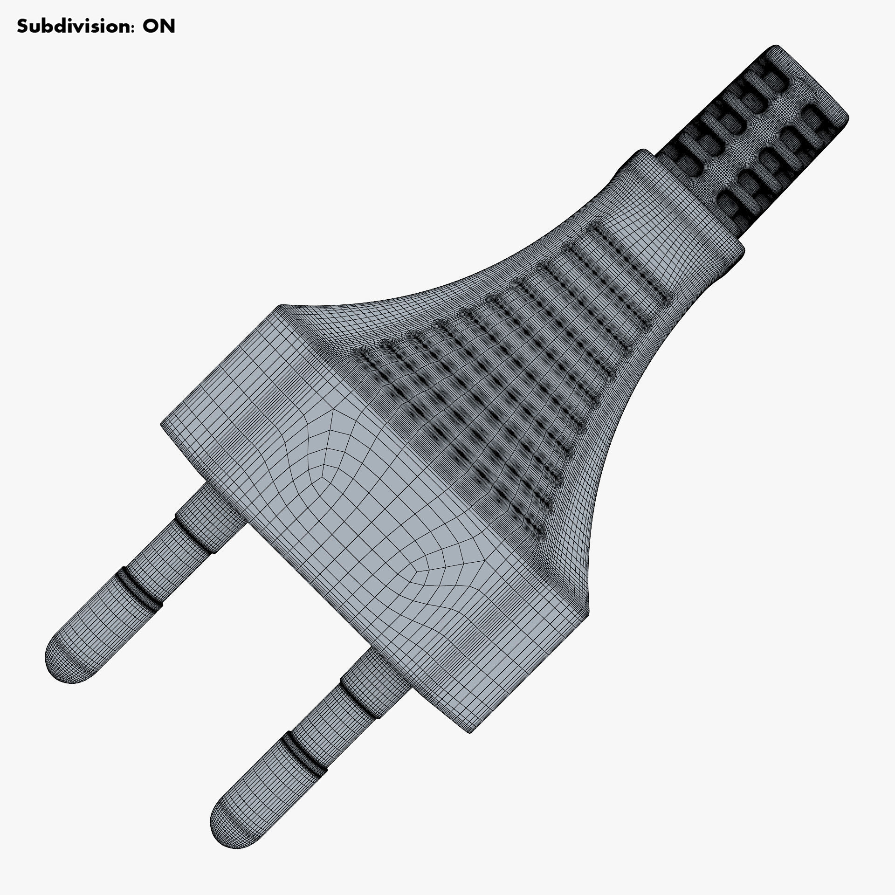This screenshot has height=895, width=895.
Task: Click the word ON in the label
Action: coord(159,26)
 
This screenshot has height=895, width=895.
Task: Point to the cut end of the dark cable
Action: coord(813,82)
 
